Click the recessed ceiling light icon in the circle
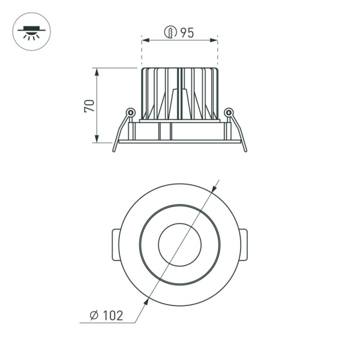pyautogui.click(x=32, y=31)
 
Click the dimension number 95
pyautogui.click(x=187, y=33)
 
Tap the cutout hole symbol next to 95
pyautogui.click(x=171, y=33)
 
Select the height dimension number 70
pyautogui.click(x=89, y=106)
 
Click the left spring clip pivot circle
pyautogui.click(x=130, y=112)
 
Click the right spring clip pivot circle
pyautogui.click(x=228, y=112)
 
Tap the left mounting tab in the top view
pyautogui.click(x=115, y=244)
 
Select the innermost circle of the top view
pyautogui.click(x=179, y=244)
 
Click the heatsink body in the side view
pyautogui.click(x=179, y=93)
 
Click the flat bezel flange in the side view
pyautogui.click(x=179, y=142)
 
